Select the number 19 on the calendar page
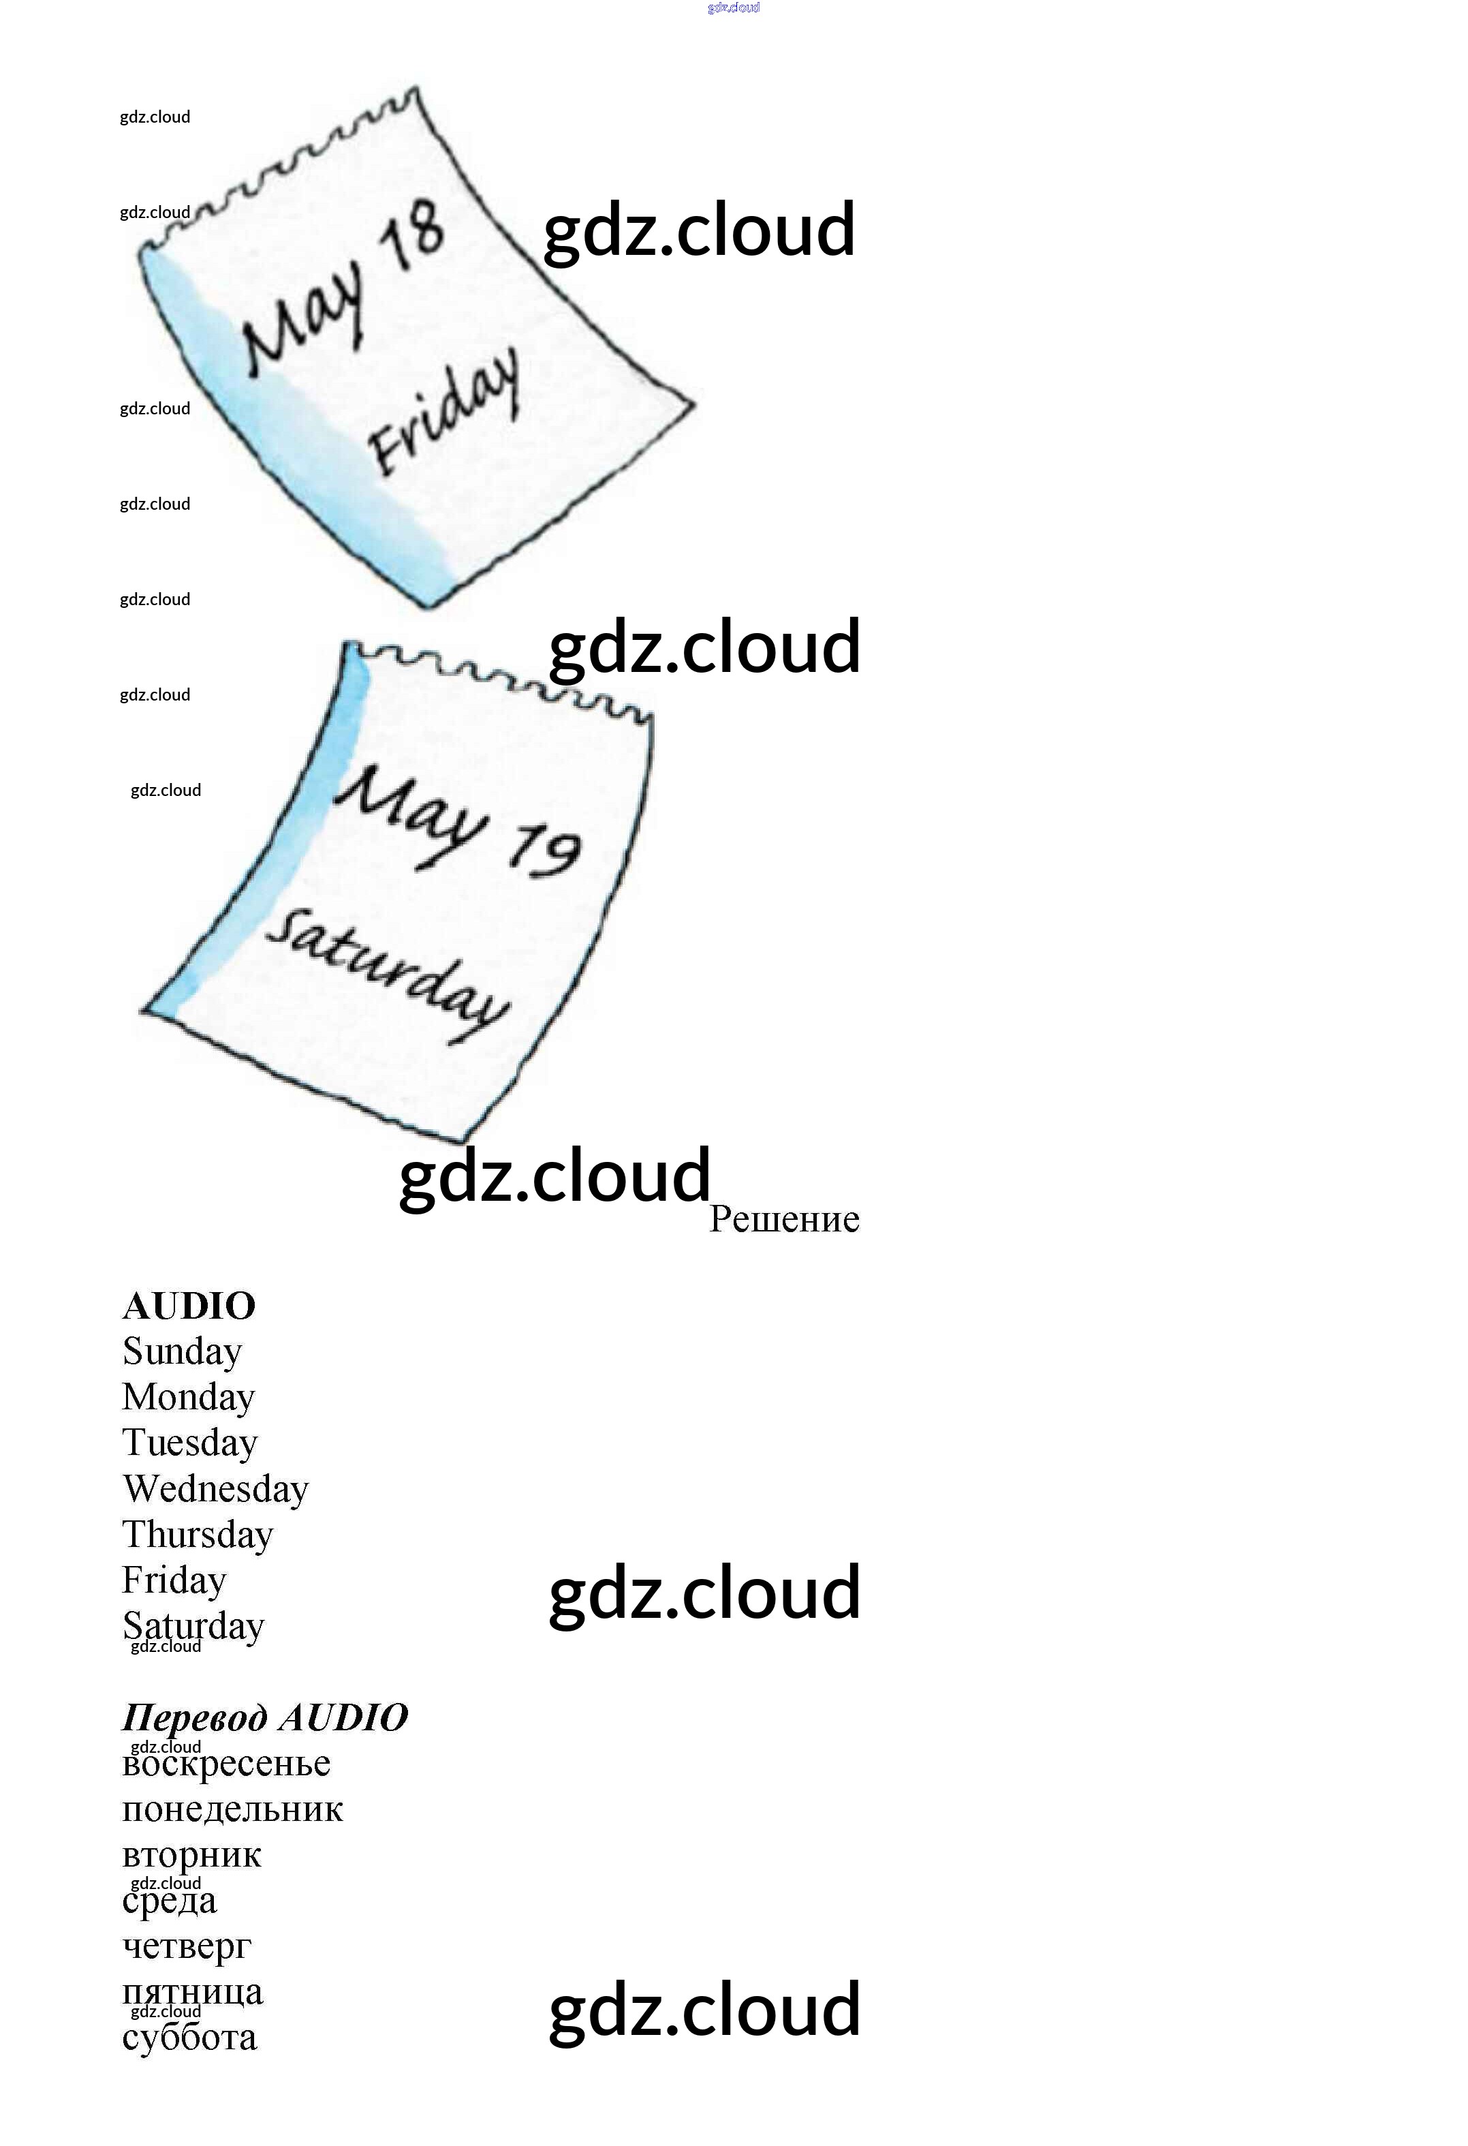click(x=545, y=850)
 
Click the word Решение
click(x=784, y=1220)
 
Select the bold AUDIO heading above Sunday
click(x=189, y=1306)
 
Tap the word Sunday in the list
click(x=183, y=1352)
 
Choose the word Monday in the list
click(x=188, y=1397)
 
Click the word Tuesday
click(x=190, y=1443)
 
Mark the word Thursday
click(x=198, y=1535)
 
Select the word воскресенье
click(x=226, y=1764)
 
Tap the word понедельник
click(x=233, y=1810)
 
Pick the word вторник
click(x=192, y=1855)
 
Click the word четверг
click(x=187, y=1946)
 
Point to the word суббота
click(x=189, y=2038)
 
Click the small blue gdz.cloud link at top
click(x=734, y=7)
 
